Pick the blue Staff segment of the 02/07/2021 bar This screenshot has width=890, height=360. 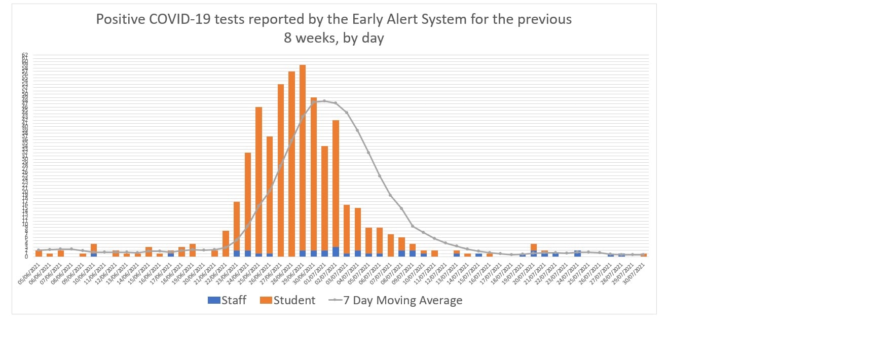click(336, 251)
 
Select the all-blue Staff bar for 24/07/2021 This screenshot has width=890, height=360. click(578, 254)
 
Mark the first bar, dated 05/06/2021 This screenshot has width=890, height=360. click(39, 253)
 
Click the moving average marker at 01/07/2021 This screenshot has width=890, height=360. click(324, 101)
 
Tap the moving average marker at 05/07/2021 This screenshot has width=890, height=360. click(368, 153)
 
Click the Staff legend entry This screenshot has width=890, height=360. click(227, 300)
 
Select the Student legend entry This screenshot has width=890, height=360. click(287, 300)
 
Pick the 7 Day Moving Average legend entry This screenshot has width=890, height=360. click(396, 300)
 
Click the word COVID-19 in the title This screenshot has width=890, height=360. click(180, 19)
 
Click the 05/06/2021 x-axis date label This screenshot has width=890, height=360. click(29, 274)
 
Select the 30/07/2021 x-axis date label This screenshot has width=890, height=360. click(634, 274)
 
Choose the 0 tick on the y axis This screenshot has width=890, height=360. click(26, 257)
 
